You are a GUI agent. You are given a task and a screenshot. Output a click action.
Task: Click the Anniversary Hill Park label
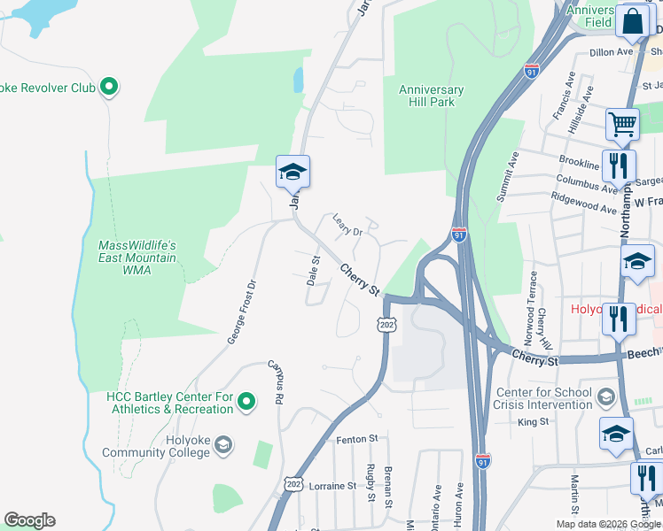[431, 96]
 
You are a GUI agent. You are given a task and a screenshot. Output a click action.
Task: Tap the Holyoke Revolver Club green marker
[109, 87]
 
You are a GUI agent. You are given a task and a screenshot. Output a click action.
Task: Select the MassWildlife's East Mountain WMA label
[137, 257]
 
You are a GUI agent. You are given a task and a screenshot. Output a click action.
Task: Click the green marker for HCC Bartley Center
[247, 403]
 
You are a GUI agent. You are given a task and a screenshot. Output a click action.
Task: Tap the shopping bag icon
[634, 22]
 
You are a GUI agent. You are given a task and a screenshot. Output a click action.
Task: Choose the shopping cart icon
[622, 125]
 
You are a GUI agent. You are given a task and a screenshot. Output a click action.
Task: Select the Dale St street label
[313, 270]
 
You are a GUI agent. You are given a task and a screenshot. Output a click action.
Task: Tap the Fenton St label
[356, 438]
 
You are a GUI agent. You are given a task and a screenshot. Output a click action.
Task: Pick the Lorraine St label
[331, 486]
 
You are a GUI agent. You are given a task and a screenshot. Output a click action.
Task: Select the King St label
[534, 422]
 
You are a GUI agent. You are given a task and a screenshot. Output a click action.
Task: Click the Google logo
[29, 520]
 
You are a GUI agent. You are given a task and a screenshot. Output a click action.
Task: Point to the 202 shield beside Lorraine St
[293, 483]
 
